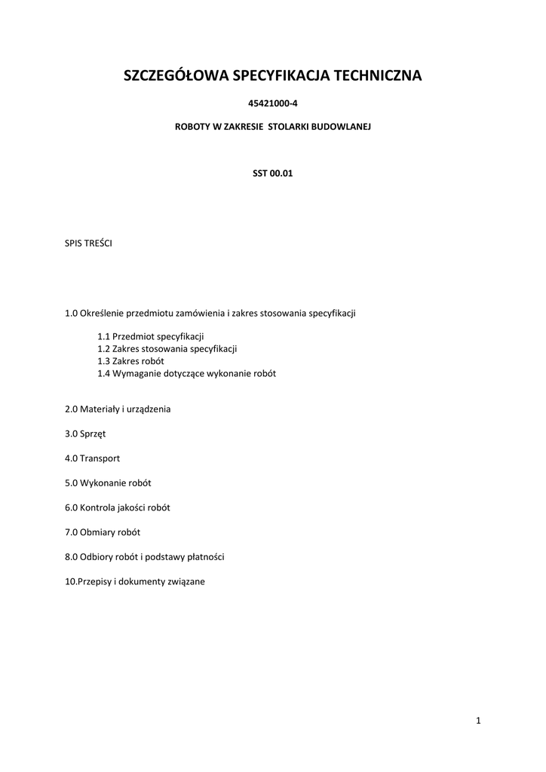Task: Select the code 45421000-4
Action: point(272,103)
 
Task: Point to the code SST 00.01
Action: point(272,173)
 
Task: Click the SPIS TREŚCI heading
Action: point(89,243)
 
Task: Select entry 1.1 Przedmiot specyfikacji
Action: point(151,336)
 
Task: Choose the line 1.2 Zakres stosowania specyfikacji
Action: point(167,349)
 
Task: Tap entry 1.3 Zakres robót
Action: point(130,361)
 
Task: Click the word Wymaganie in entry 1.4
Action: point(136,373)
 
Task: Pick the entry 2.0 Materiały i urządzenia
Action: point(118,409)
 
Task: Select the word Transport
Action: point(101,458)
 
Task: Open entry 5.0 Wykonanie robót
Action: point(113,482)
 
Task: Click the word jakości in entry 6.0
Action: point(138,507)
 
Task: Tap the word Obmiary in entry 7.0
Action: point(97,532)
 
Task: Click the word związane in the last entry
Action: point(187,581)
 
